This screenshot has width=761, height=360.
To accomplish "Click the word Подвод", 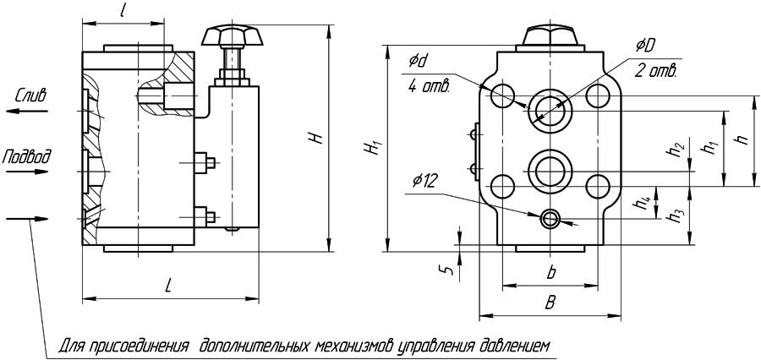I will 27,156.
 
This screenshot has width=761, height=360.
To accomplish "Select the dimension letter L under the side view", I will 168,286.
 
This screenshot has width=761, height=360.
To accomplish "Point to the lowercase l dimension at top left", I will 123,13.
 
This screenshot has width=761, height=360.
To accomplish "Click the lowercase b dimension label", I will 551,272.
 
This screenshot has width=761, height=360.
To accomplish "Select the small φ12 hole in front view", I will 550,219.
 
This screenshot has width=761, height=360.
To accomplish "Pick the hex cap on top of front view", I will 551,36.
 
